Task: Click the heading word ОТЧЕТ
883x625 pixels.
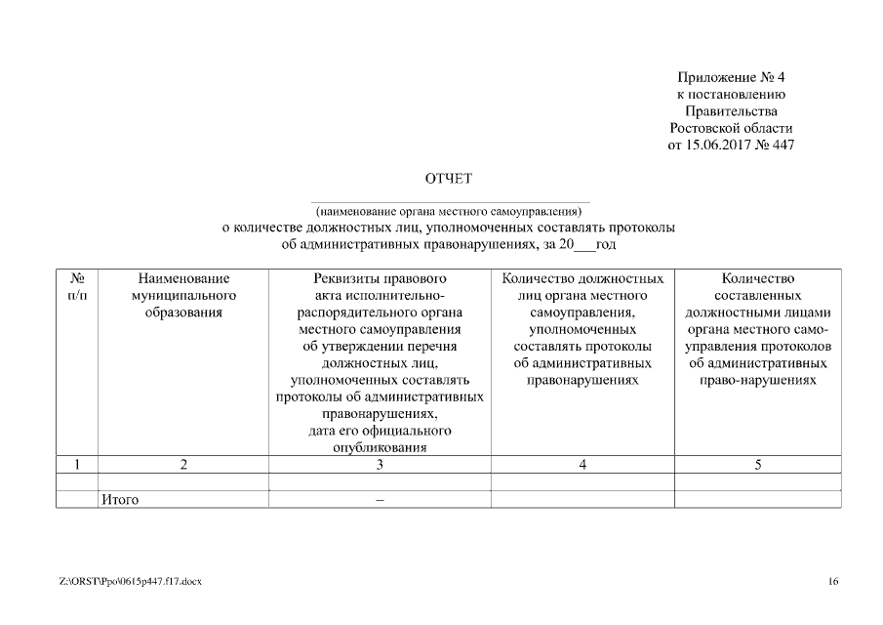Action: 449,179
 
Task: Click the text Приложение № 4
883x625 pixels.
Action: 731,76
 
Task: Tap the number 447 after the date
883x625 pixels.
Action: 783,146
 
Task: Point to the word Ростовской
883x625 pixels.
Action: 704,128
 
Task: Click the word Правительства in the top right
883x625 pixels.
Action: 731,110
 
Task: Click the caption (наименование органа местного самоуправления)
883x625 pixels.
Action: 449,211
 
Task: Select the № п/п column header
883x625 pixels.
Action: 76,287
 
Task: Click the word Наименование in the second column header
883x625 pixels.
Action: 183,278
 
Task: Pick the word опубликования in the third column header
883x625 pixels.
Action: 380,447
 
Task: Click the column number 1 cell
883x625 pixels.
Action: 76,465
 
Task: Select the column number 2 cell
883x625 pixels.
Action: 183,465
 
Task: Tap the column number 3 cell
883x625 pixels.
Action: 380,465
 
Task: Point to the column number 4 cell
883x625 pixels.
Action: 582,465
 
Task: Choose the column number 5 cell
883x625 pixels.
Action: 758,465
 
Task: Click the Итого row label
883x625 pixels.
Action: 120,500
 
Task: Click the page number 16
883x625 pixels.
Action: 832,582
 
